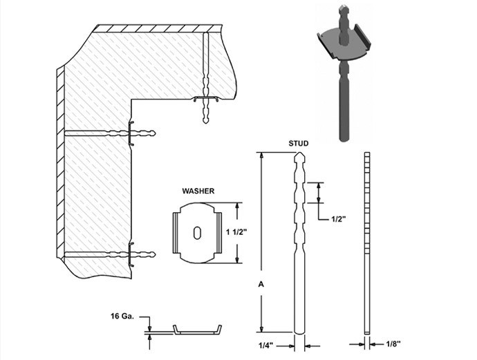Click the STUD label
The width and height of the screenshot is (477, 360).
tap(298, 143)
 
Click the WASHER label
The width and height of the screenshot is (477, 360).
tap(198, 191)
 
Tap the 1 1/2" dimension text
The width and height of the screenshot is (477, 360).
tap(236, 232)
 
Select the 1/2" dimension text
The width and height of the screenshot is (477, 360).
tap(339, 218)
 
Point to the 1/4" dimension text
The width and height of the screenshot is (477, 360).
tap(266, 345)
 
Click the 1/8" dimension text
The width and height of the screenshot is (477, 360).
tap(393, 344)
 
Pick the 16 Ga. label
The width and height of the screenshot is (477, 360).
tap(122, 316)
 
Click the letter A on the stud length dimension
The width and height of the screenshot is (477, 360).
tap(261, 284)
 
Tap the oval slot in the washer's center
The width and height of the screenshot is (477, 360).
tap(198, 232)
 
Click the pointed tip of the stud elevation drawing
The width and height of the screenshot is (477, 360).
tap(299, 152)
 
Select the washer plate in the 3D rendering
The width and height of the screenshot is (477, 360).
tap(344, 43)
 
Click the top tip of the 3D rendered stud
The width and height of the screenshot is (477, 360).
tap(343, 6)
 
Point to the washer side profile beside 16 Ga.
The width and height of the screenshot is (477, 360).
tap(198, 330)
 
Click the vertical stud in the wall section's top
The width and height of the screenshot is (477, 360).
tap(206, 78)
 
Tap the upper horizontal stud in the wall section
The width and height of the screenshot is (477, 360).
tap(110, 133)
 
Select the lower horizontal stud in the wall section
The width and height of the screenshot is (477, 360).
tap(110, 254)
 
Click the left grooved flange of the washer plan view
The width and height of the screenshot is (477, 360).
tap(176, 233)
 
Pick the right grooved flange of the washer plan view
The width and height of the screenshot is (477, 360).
tap(219, 233)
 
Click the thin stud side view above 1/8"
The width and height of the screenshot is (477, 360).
tap(367, 243)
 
